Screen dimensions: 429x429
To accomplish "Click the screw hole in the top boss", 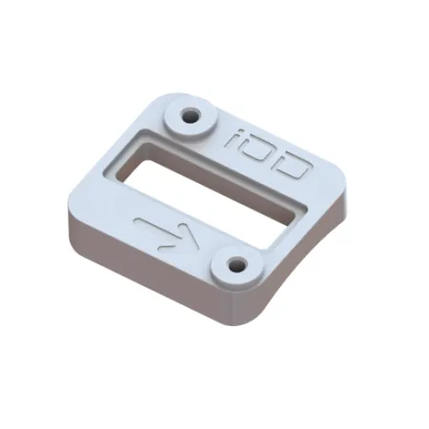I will [191, 117].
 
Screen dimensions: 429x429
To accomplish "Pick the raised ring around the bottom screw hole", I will [221, 270].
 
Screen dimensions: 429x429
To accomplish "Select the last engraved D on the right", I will [293, 168].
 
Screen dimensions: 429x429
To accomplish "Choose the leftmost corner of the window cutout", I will [109, 169].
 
